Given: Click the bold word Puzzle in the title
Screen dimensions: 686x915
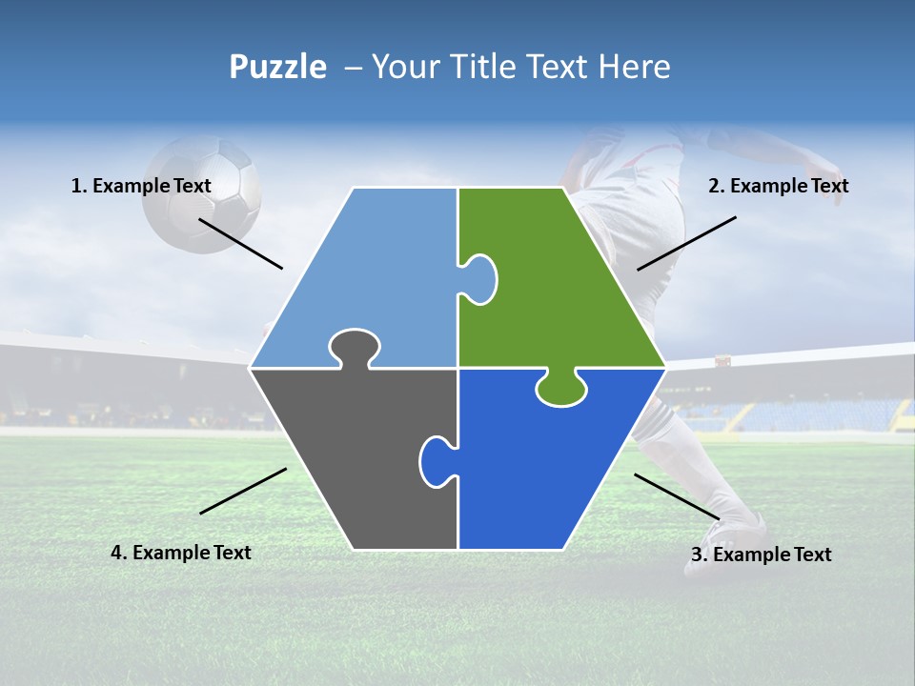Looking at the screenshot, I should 277,67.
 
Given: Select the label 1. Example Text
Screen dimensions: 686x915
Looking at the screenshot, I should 141,186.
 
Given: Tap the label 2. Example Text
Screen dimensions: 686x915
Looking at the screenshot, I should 778,186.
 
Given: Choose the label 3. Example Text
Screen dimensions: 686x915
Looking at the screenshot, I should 761,555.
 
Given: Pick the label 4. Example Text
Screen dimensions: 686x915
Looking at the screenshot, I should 181,553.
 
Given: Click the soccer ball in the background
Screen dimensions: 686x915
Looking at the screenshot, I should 201,195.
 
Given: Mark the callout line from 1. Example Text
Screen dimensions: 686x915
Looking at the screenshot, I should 240,243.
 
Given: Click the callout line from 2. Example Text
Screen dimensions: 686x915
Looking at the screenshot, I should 686,243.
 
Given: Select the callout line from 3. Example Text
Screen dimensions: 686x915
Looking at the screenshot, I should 677,496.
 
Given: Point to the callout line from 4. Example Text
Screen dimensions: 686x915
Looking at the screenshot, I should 243,491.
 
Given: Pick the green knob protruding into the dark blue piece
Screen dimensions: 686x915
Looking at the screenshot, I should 560,389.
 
